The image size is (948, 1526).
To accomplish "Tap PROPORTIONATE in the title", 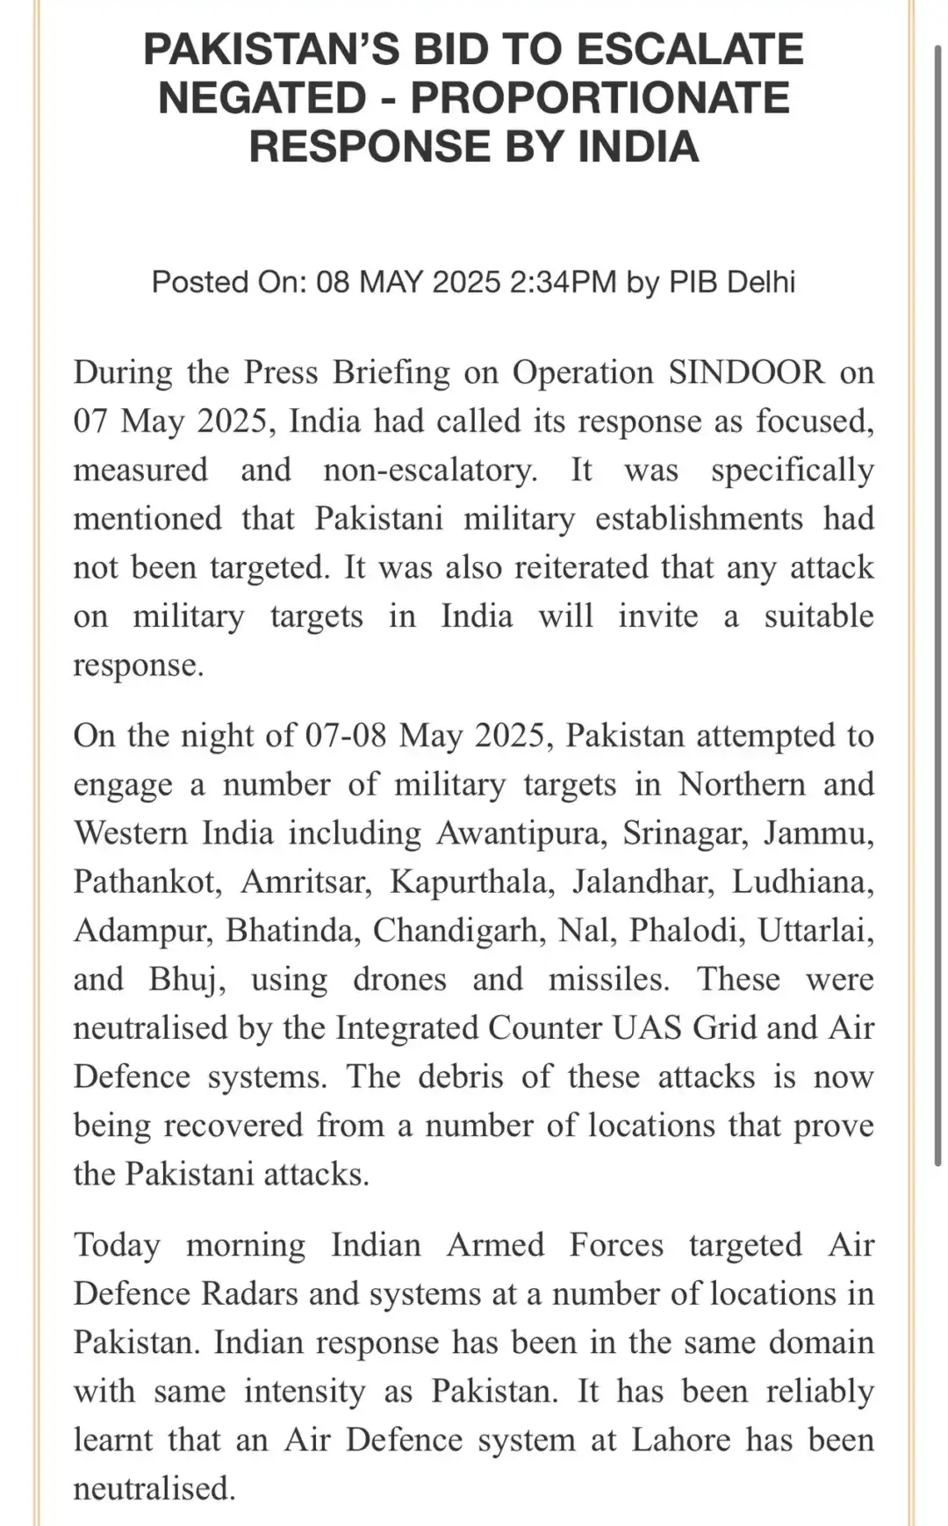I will pos(600,97).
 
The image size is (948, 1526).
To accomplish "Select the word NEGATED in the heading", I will pos(262,97).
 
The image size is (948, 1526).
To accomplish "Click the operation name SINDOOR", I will pos(746,372).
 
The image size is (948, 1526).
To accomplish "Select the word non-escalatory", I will pos(430,470).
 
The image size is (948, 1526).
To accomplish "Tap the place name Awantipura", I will pos(521,832).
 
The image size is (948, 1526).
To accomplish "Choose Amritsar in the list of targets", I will pos(306,882).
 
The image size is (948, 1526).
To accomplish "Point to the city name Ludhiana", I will pos(803,882).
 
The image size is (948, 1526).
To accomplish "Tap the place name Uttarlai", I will pos(815,931).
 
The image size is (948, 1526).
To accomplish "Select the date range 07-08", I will pos(345,736).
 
